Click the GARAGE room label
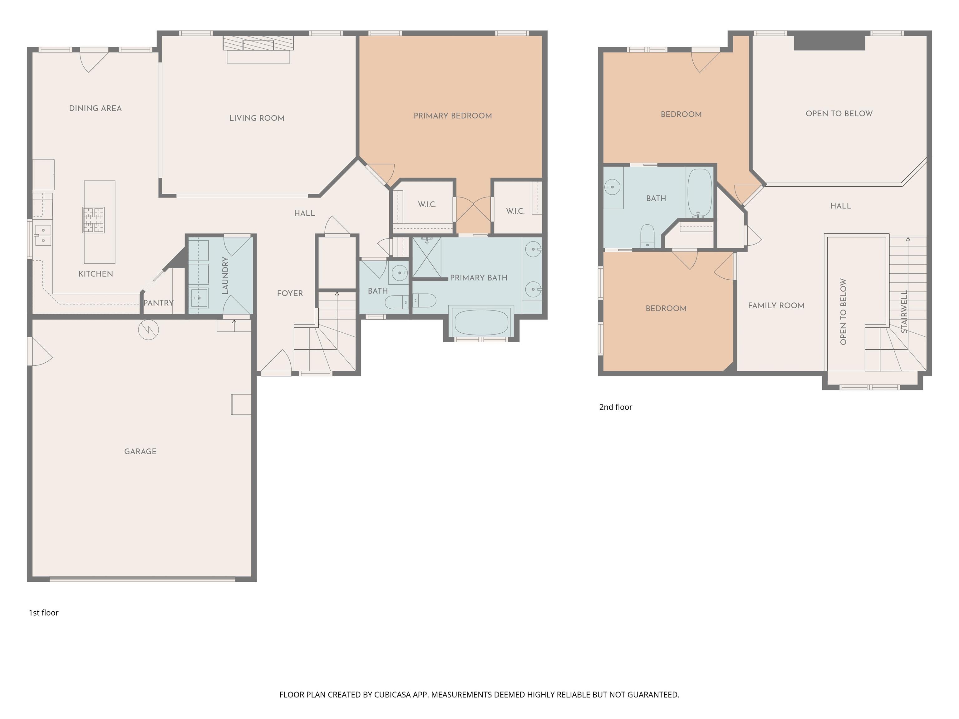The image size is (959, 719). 140,452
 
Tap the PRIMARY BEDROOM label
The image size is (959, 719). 453,116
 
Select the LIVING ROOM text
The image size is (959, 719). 257,118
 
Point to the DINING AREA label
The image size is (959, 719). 96,108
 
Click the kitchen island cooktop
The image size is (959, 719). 94,220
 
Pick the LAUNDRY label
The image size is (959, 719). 225,276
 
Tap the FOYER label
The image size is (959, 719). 290,293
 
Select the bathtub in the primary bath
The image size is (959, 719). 481,321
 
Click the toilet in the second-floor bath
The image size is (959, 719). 647,236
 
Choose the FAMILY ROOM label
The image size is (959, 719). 776,306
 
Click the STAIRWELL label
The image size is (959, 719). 904,312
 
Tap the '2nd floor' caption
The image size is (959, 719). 616,407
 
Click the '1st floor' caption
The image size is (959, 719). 43,612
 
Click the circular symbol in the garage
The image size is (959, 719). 148,330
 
